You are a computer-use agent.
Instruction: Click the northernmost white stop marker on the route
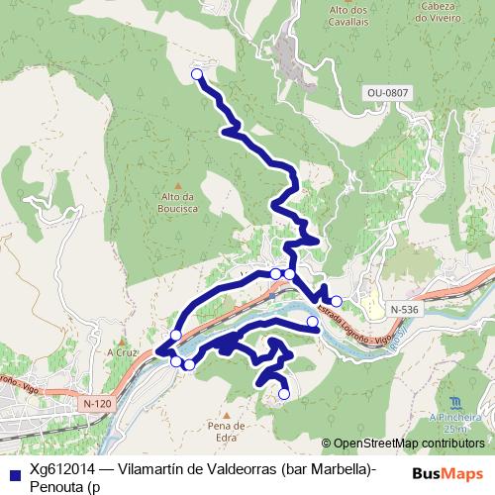click(x=196, y=74)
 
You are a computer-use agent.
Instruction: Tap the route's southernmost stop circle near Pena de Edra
click(x=283, y=394)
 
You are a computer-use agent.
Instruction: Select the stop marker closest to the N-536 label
click(x=337, y=301)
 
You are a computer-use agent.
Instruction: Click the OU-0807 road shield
click(x=387, y=93)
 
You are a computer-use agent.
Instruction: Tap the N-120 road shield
click(x=97, y=404)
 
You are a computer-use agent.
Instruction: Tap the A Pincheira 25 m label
click(x=454, y=424)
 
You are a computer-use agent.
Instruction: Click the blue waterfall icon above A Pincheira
click(x=454, y=403)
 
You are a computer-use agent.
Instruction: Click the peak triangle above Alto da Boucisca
click(x=178, y=185)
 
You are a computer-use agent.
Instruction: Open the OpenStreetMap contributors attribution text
click(x=410, y=444)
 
